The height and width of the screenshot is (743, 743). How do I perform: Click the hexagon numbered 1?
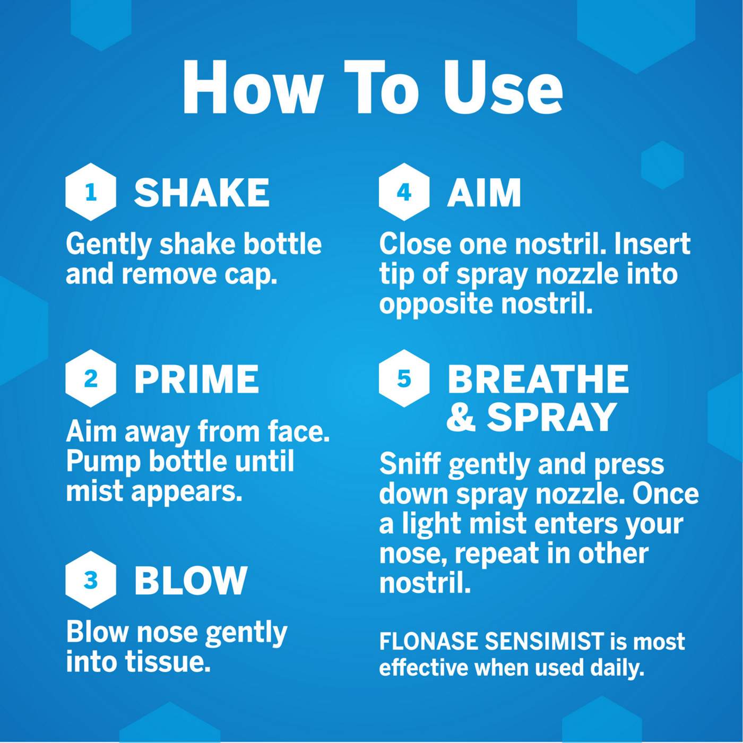pos(91,192)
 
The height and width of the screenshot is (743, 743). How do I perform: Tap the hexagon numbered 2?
pos(91,378)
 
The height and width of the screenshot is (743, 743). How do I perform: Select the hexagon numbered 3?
pos(91,580)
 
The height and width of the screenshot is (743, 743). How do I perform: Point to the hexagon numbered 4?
pos(404,192)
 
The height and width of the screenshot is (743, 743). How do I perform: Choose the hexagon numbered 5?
pos(404,378)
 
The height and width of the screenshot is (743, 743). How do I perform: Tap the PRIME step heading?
pos(196,379)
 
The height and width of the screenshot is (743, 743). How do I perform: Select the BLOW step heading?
pos(191,580)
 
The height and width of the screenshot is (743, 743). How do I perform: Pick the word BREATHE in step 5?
pos(538,379)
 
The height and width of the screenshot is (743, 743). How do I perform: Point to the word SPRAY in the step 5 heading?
pos(551,417)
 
